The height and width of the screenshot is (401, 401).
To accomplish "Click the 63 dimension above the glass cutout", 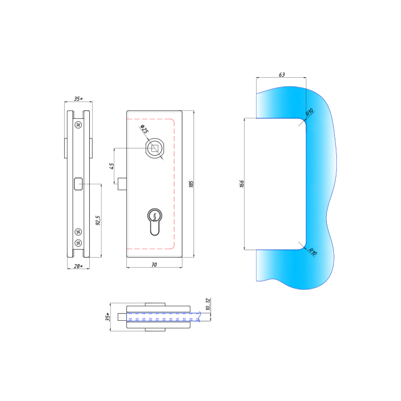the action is coord(282,75).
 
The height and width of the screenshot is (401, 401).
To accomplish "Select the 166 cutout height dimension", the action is coord(242,184).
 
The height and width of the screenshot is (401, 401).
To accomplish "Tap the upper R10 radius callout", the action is coord(309,113).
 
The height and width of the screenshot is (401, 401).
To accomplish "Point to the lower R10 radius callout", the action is coord(312,252).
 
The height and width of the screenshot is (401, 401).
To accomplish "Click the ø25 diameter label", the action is coord(144,129).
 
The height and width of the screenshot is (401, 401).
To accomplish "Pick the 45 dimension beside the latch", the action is coord(112,166).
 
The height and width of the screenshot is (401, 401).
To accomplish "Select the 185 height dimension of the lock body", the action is coord(191,184).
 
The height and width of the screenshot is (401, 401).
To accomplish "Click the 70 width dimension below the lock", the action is coord(154,265).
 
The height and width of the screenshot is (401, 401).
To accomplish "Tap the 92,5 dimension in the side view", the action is coord(98,220).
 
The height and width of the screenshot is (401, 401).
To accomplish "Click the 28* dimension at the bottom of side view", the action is coord(78,266).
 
